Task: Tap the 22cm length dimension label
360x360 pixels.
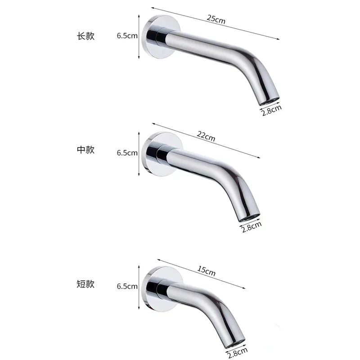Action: click(206, 136)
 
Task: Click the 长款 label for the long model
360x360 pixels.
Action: click(86, 36)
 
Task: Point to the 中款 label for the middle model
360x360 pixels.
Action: click(86, 150)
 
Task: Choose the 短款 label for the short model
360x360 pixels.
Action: click(86, 284)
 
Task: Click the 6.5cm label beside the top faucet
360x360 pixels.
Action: click(127, 36)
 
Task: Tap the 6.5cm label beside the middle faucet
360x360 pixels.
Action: click(127, 153)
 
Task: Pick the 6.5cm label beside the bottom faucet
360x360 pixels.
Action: click(127, 286)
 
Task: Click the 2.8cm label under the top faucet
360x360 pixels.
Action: click(272, 110)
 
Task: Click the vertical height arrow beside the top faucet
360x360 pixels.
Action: click(139, 36)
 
